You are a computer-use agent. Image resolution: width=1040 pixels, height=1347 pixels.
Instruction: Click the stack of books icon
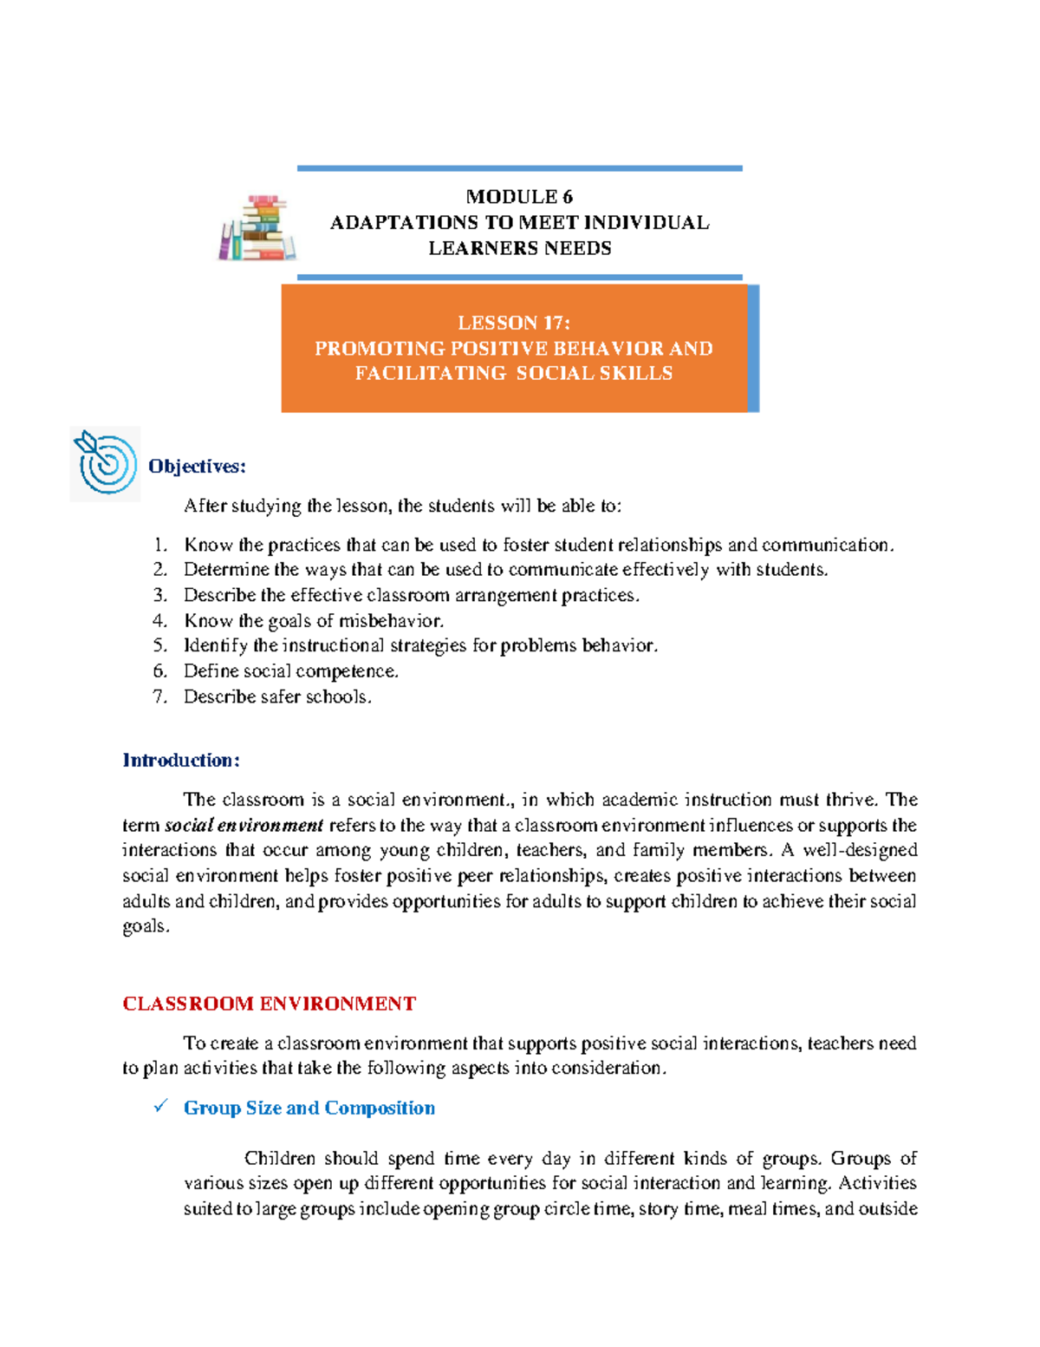coord(257,227)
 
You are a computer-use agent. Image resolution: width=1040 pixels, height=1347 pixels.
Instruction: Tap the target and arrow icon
coord(106,463)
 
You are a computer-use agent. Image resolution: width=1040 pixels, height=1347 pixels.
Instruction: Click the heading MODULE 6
coord(519,197)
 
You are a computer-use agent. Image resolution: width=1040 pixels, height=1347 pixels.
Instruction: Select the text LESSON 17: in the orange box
coord(514,323)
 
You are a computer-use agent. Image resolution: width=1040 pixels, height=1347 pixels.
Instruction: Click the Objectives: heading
coord(197,467)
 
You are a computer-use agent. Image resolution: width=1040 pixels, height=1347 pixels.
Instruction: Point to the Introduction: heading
coord(181,761)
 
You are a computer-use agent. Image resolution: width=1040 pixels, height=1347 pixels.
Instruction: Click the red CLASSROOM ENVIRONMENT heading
coord(269,1004)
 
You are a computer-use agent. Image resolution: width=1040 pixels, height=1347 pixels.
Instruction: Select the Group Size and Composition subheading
coord(309,1108)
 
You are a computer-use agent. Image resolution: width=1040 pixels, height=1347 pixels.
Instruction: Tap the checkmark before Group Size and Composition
coord(160,1107)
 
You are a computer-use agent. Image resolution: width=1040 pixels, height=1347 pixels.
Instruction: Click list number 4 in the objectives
coord(159,621)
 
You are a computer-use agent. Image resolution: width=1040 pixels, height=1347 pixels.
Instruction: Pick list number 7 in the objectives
coord(159,696)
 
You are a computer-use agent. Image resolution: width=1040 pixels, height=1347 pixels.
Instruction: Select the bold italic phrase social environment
coord(244,825)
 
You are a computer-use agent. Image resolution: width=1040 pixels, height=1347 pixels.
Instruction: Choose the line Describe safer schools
coord(277,696)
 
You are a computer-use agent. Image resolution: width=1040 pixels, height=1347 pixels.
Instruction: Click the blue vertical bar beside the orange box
coord(753,348)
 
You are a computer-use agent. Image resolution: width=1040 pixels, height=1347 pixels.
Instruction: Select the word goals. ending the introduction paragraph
coord(146,926)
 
